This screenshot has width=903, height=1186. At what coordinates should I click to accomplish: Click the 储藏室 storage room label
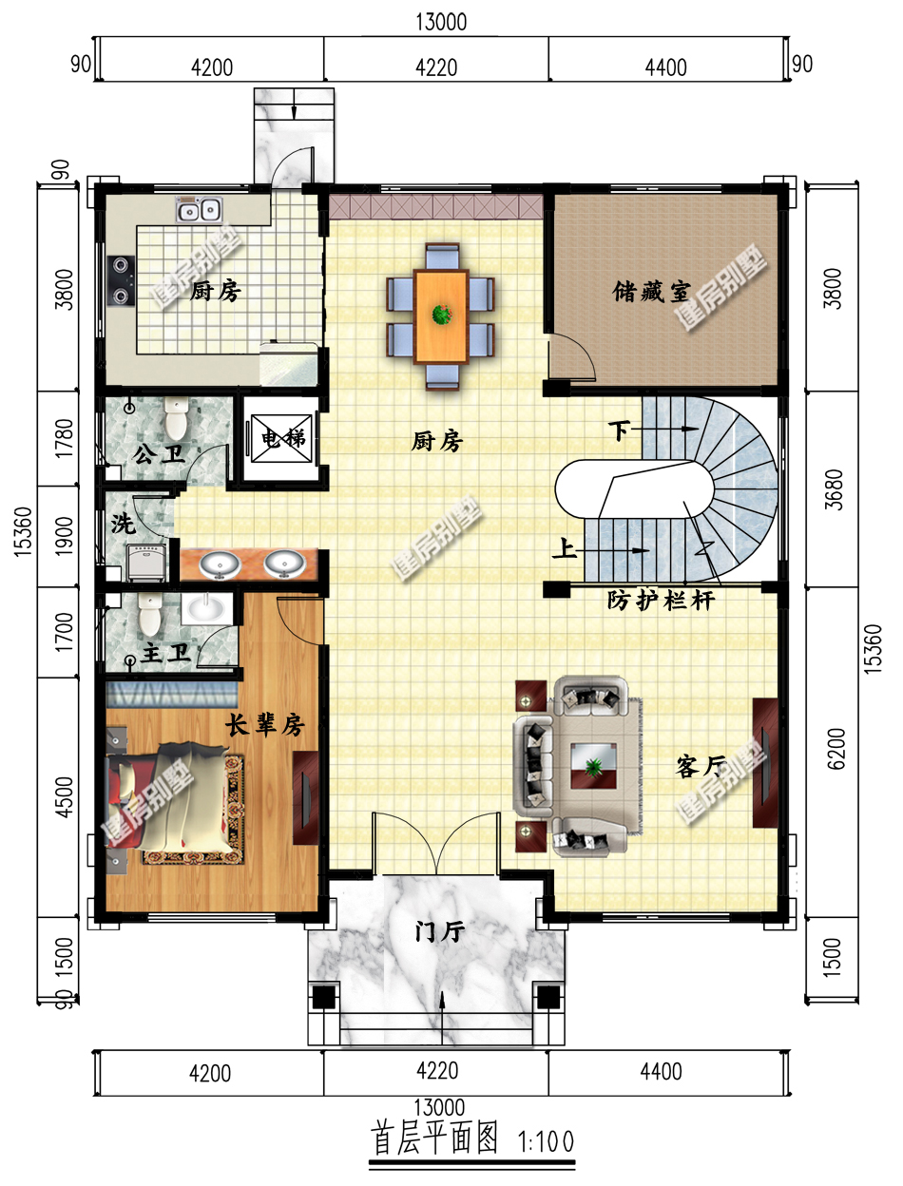pyautogui.click(x=651, y=292)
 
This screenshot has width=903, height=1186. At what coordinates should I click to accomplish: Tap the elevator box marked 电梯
pyautogui.click(x=281, y=438)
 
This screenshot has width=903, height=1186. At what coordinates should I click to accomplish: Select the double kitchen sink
pyautogui.click(x=199, y=210)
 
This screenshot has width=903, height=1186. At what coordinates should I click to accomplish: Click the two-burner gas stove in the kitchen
pyautogui.click(x=121, y=280)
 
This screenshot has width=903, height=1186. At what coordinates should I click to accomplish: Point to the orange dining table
pyautogui.click(x=441, y=316)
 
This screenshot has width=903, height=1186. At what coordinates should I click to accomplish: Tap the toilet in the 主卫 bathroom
pyautogui.click(x=149, y=614)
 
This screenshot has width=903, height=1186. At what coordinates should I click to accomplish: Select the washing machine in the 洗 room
pyautogui.click(x=146, y=562)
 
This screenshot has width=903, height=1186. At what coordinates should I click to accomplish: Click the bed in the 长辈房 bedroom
pyautogui.click(x=173, y=797)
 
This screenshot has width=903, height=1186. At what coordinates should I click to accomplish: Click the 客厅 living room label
pyautogui.click(x=701, y=766)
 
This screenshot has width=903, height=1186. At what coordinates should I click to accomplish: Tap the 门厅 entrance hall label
pyautogui.click(x=439, y=930)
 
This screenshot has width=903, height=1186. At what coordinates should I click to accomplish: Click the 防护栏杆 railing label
pyautogui.click(x=661, y=600)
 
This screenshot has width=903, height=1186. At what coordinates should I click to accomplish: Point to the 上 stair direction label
pyautogui.click(x=564, y=549)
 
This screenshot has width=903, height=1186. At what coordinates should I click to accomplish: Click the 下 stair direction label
pyautogui.click(x=620, y=430)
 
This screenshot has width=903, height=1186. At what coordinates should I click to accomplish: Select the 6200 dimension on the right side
pyautogui.click(x=836, y=748)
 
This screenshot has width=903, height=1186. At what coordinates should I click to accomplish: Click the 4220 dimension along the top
pyautogui.click(x=436, y=68)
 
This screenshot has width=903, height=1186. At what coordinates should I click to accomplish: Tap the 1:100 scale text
pyautogui.click(x=546, y=1141)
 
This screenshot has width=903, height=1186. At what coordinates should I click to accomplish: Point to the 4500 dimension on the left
pyautogui.click(x=65, y=797)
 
